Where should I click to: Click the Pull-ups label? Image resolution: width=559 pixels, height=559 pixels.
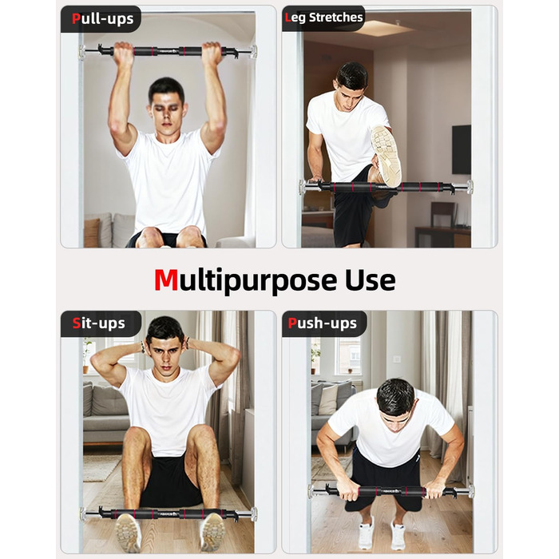(103, 18)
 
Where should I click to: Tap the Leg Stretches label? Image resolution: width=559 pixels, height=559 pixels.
(323, 18)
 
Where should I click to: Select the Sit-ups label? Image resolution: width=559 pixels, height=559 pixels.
(99, 323)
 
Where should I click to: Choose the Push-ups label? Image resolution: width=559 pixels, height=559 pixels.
(323, 323)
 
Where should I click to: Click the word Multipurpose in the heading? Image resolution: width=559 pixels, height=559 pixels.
(245, 281)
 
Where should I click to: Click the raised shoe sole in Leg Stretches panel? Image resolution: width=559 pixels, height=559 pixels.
(386, 157)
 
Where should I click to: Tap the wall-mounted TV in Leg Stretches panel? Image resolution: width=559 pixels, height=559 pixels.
(462, 150)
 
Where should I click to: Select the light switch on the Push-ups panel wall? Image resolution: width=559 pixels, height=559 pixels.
(397, 359)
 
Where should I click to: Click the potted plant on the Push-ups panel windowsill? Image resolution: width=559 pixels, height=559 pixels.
(315, 358)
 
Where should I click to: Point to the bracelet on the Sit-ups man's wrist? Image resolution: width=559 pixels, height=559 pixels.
(143, 347)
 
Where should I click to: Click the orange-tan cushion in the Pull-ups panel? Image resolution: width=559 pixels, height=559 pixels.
(92, 232)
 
